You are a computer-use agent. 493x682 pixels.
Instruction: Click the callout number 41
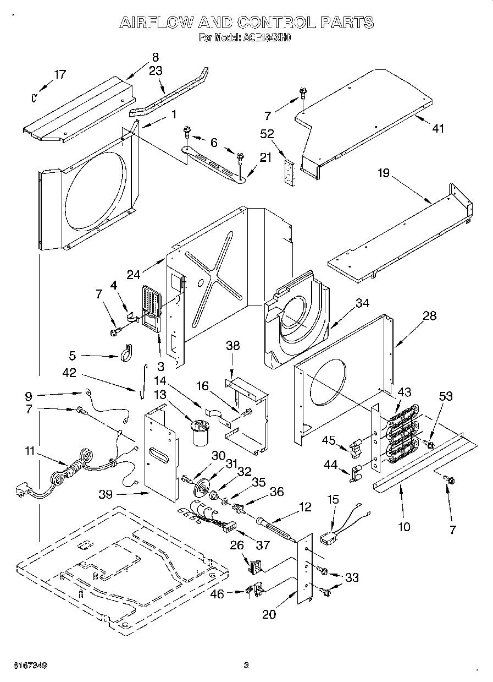point(437,129)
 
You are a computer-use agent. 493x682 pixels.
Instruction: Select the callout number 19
point(383,173)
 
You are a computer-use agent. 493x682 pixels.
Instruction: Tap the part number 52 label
point(268,134)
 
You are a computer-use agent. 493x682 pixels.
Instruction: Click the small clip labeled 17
point(34,98)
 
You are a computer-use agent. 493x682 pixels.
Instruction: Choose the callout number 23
point(156,70)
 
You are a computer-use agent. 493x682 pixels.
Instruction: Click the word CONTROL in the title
point(276,23)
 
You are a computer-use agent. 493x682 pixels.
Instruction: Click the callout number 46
point(218,594)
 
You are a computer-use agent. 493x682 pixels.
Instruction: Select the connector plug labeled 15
point(329,539)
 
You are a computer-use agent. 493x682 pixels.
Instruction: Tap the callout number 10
point(404,527)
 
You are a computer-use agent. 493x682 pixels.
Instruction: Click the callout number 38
point(233,346)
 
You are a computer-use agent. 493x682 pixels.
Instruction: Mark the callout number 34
point(362,302)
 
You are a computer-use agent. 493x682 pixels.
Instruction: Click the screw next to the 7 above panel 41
point(302,94)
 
